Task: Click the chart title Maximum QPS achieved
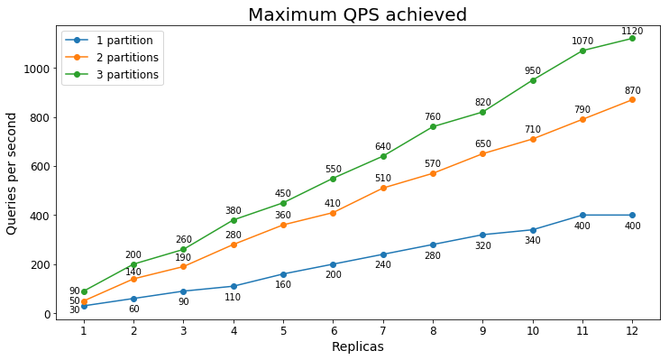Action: point(357,15)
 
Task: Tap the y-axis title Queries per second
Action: point(12,173)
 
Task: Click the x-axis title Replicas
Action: point(357,347)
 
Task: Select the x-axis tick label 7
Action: point(383,330)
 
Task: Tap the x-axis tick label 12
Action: point(632,330)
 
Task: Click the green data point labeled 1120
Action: point(632,38)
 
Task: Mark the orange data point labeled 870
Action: point(632,99)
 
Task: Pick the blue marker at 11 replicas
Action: point(582,215)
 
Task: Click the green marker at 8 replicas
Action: point(433,126)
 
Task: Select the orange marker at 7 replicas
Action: point(383,188)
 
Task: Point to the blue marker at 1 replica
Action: point(84,306)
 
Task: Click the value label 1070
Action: point(582,42)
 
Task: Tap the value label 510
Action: point(383,179)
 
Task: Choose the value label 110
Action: point(233,298)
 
